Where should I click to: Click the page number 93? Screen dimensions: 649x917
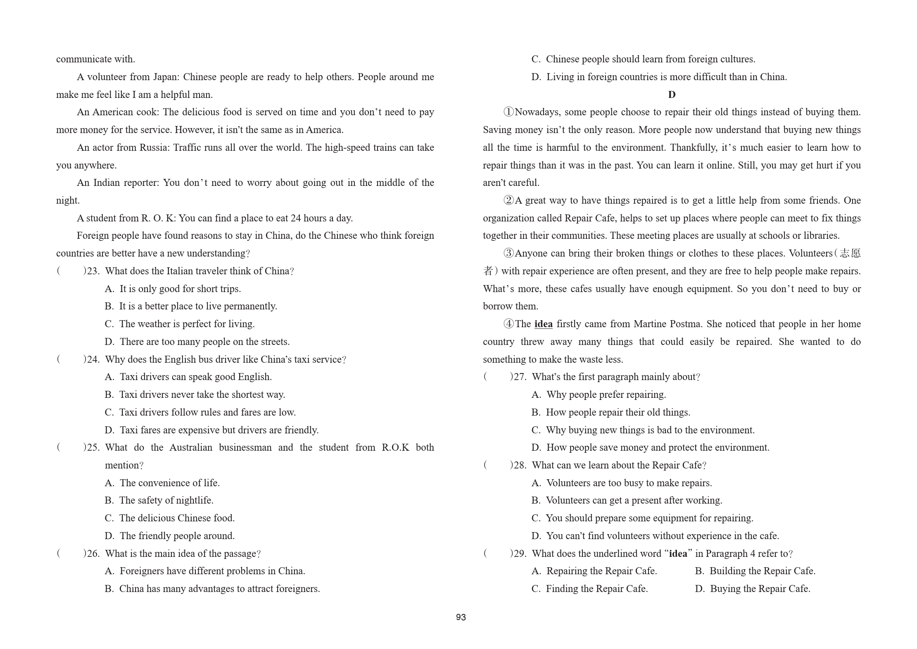pyautogui.click(x=461, y=617)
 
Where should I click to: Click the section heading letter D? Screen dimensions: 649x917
pyautogui.click(x=672, y=95)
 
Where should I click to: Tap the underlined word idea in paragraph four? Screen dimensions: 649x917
pyautogui.click(x=543, y=324)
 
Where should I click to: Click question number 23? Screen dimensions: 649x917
pyautogui.click(x=93, y=271)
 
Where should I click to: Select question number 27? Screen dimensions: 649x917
pyautogui.click(x=520, y=377)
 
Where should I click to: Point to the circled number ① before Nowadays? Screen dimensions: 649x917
pyautogui.click(x=508, y=112)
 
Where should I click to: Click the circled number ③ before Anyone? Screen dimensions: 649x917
pyautogui.click(x=508, y=253)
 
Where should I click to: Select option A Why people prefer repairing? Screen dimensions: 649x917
pyautogui.click(x=599, y=395)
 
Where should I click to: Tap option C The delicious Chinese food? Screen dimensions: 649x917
pyautogui.click(x=170, y=518)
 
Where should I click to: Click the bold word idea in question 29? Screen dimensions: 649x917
pyautogui.click(x=678, y=554)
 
